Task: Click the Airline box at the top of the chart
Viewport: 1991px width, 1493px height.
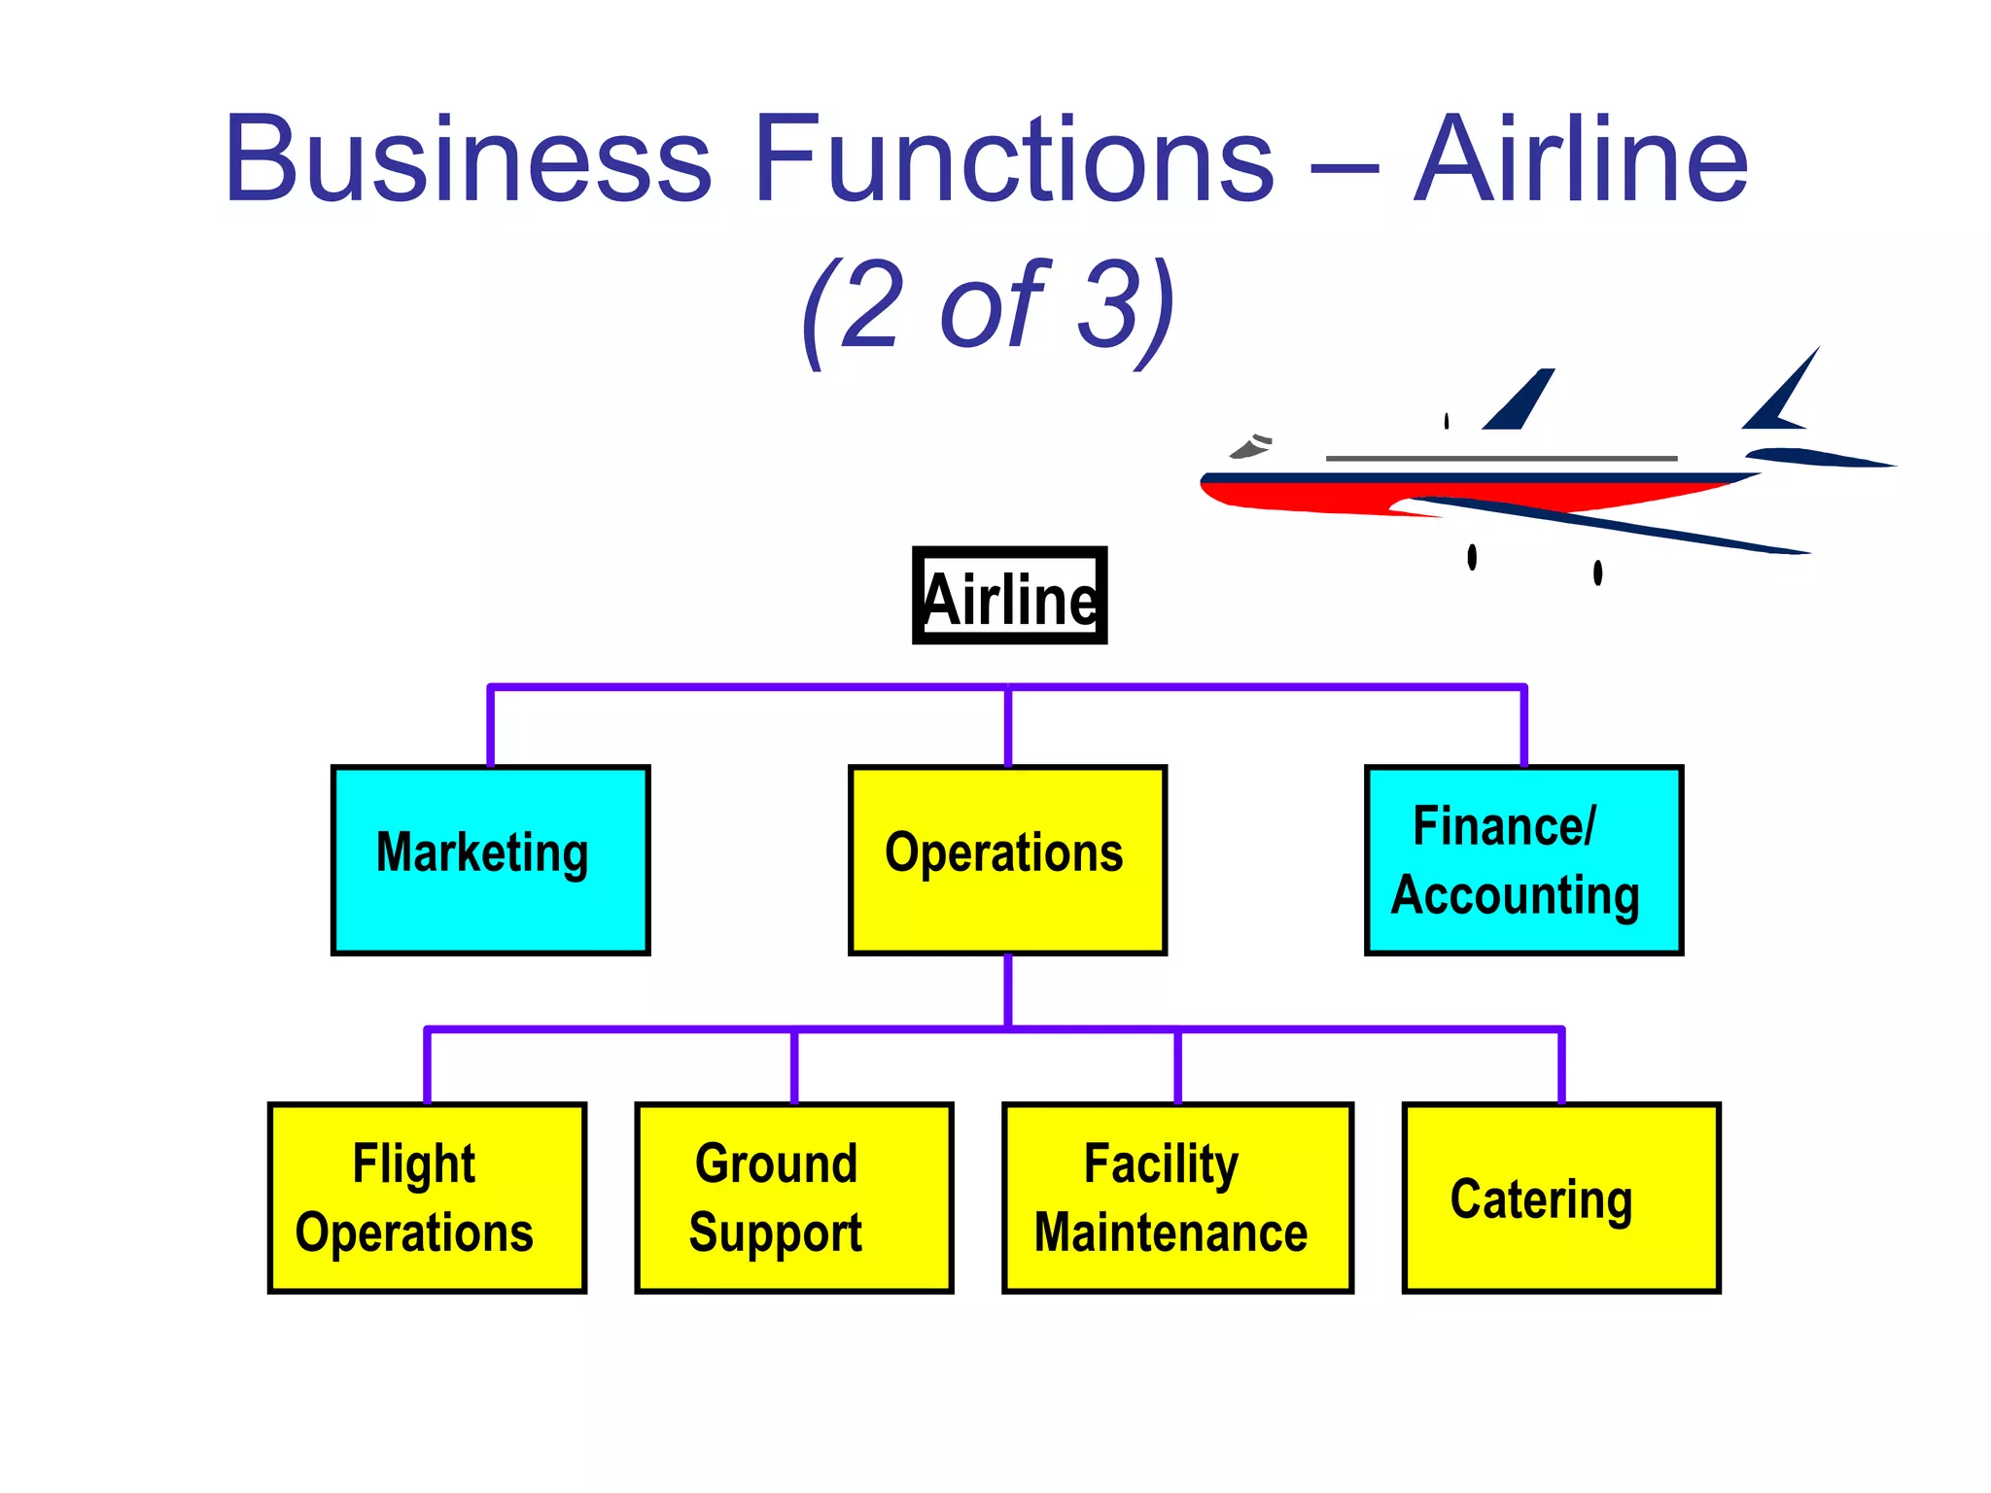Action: (x=1009, y=596)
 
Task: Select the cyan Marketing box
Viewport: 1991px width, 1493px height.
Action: (x=490, y=859)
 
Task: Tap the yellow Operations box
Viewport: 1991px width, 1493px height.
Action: (x=1007, y=859)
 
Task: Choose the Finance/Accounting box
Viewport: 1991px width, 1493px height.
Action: (x=1523, y=859)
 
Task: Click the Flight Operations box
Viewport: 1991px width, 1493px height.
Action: (x=427, y=1198)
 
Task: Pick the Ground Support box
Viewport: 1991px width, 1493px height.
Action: (x=793, y=1198)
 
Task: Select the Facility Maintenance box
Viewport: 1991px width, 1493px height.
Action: (x=1177, y=1198)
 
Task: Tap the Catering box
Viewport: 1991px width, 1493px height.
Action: (x=1561, y=1198)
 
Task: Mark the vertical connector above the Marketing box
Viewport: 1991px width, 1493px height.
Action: (x=490, y=727)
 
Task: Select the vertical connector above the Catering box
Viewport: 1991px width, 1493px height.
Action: (x=1561, y=1065)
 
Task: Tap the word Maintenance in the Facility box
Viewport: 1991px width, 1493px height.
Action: (x=1170, y=1233)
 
